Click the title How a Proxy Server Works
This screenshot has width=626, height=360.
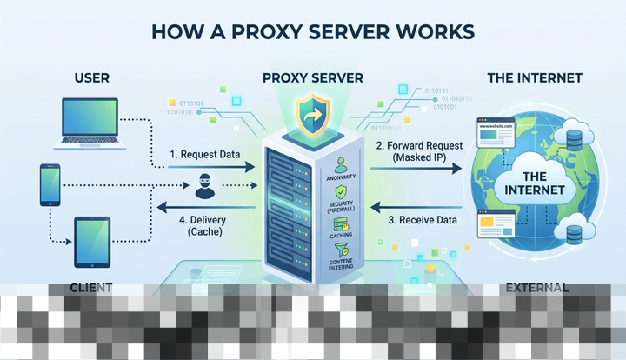coord(313,31)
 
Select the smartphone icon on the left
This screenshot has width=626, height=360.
coord(49,184)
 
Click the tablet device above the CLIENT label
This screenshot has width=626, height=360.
coord(91,241)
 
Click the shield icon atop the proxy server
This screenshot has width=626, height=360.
coord(311,113)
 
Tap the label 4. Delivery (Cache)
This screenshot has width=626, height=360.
coord(200,226)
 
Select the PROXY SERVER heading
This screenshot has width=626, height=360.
coord(311,78)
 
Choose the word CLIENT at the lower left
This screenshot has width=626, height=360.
coord(90,287)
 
